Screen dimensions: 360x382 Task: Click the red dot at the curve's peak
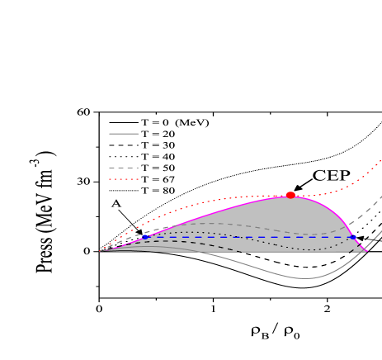[290, 195]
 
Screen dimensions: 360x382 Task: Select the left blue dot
[145, 237]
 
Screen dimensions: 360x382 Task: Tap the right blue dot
[353, 237]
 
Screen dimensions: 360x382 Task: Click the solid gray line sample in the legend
[124, 133]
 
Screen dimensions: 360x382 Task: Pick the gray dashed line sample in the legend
[124, 168]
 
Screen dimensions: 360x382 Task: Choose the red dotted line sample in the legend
[124, 179]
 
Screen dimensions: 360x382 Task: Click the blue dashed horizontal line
[248, 237]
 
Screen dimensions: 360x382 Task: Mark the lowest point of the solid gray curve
[305, 278]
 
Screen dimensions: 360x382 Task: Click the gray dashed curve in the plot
[206, 223]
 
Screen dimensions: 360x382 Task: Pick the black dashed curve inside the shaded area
[206, 245]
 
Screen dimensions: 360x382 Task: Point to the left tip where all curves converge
[101, 251]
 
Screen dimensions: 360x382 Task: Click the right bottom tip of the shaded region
[365, 250]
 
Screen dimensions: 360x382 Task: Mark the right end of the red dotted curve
[380, 160]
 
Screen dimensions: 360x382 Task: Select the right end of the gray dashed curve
[380, 197]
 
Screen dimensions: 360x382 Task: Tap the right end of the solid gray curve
[380, 232]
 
